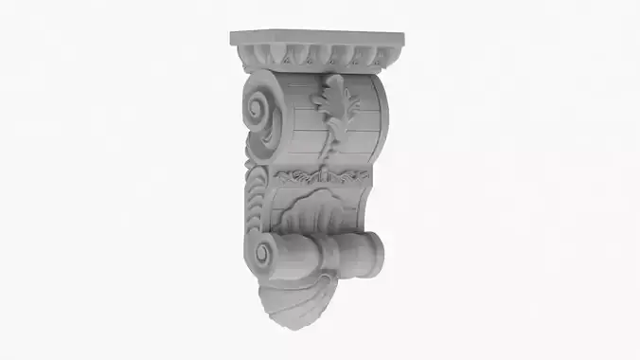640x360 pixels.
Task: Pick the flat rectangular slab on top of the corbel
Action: [x=316, y=41]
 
